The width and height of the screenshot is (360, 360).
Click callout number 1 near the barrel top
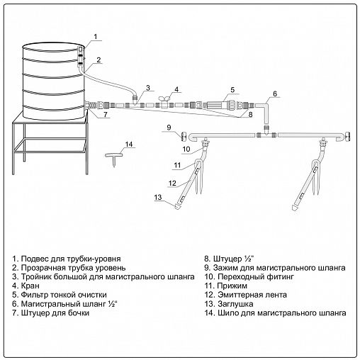pyautogui.click(x=96, y=37)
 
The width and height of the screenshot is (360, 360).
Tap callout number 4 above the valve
pyautogui.click(x=176, y=89)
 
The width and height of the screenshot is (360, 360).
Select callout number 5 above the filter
pyautogui.click(x=232, y=90)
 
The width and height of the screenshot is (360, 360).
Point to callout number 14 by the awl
pyautogui.click(x=129, y=144)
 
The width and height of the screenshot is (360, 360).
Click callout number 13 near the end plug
pyautogui.click(x=158, y=197)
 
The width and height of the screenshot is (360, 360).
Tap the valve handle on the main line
pyautogui.click(x=164, y=99)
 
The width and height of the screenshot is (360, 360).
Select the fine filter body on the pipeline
pyautogui.click(x=218, y=105)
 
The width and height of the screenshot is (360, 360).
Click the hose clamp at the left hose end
pyautogui.click(x=184, y=137)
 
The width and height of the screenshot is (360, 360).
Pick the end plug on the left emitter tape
pyautogui.click(x=177, y=206)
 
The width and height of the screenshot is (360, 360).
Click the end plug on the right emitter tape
pyautogui.click(x=295, y=208)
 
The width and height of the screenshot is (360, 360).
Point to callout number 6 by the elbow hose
pyautogui.click(x=275, y=94)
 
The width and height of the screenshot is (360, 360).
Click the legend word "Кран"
pyautogui.click(x=30, y=286)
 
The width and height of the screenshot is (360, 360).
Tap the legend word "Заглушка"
pyautogui.click(x=235, y=304)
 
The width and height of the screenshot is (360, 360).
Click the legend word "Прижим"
pyautogui.click(x=232, y=286)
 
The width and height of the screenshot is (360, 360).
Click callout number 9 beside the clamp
pyautogui.click(x=169, y=128)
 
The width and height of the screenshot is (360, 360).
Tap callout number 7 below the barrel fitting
pyautogui.click(x=106, y=114)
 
